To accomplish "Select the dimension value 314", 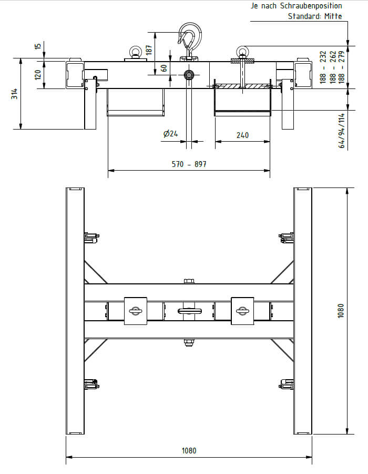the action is click(14, 94).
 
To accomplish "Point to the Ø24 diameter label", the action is click(170, 133).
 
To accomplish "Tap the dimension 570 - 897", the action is click(189, 164).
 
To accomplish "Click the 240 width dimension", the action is click(242, 135).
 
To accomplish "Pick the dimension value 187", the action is click(149, 50).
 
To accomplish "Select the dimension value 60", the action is click(164, 68).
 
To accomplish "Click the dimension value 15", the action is click(38, 46).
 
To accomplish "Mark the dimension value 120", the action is click(38, 75).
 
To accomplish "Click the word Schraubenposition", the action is click(311, 6).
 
